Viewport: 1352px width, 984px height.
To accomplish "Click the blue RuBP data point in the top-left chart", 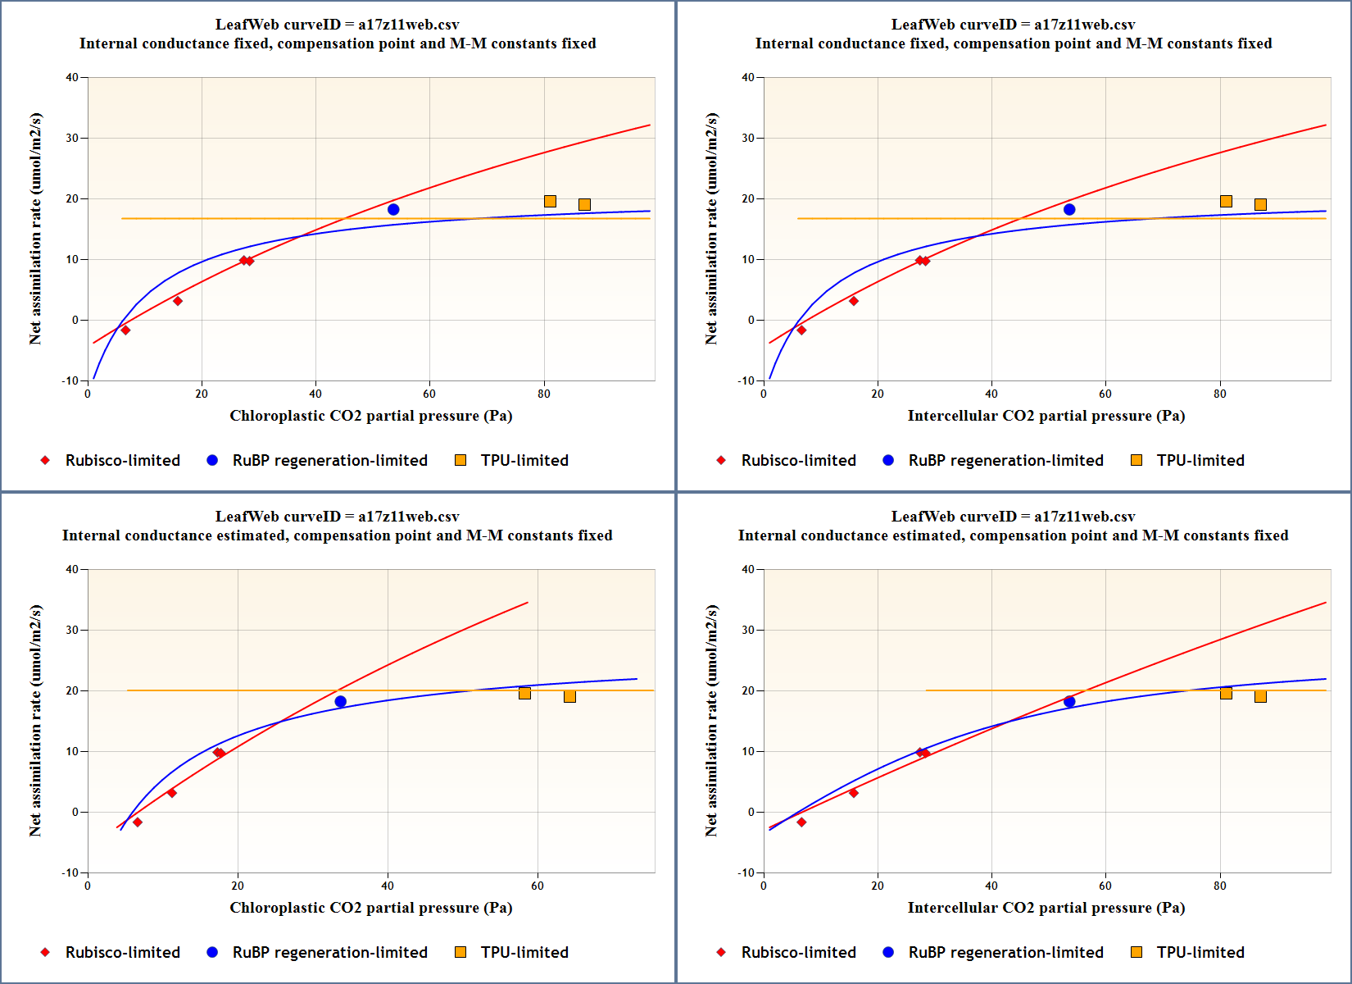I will (x=393, y=210).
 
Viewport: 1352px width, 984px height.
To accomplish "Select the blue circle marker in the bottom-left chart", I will (x=341, y=702).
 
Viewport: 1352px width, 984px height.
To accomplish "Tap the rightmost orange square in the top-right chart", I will (x=1260, y=205).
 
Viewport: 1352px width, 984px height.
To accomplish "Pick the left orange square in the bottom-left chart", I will (x=524, y=694).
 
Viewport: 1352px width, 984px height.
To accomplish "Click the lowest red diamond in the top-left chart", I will (x=125, y=330).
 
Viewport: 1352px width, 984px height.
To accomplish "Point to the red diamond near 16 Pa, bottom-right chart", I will (x=854, y=793).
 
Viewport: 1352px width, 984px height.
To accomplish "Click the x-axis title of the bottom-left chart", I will (x=370, y=908).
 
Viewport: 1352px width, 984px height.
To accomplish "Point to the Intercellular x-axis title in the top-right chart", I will (x=1046, y=416).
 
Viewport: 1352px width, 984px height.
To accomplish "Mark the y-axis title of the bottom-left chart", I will (x=35, y=721).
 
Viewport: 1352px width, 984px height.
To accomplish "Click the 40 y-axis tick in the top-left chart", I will (x=72, y=78).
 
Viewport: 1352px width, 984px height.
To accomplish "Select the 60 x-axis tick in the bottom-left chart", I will (x=538, y=886).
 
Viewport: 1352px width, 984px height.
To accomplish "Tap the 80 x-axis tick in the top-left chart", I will (x=544, y=394).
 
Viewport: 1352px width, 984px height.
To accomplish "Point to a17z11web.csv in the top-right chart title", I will (x=1084, y=25).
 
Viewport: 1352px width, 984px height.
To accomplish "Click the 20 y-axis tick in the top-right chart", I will (x=748, y=199).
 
